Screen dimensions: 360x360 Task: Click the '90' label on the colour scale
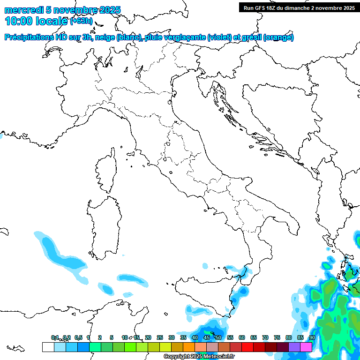point(312,338)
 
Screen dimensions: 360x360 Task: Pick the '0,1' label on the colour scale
point(55,338)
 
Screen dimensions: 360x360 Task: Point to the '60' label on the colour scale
point(242,338)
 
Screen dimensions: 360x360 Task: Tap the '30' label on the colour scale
point(172,338)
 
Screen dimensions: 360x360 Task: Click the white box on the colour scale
point(48,347)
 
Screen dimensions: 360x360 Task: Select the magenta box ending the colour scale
point(306,347)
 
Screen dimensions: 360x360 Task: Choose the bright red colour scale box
point(247,347)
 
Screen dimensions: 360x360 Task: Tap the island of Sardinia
point(103,225)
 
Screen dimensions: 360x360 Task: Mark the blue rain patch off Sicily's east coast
point(241,293)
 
